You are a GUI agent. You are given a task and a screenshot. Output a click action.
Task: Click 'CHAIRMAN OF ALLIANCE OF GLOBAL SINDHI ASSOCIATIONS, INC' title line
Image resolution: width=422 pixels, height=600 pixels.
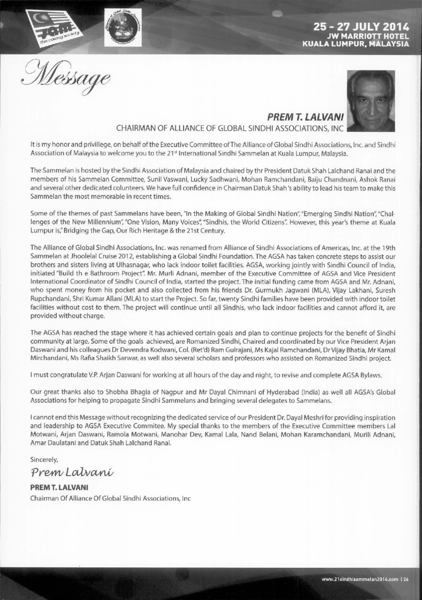(x=230, y=127)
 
